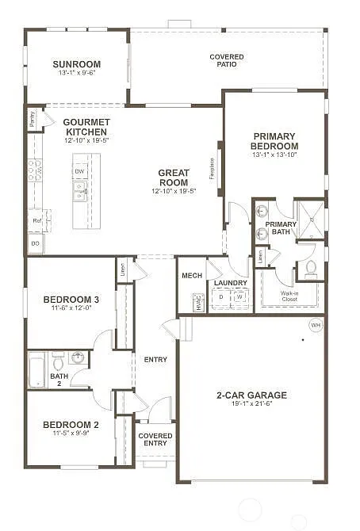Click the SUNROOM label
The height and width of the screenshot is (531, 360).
click(76, 64)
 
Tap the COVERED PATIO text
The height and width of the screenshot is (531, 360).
click(226, 61)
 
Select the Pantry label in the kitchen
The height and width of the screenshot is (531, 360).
click(32, 119)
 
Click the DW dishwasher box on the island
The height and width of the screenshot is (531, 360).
click(80, 170)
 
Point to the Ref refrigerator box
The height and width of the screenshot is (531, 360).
click(36, 220)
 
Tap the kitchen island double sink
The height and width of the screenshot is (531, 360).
click(80, 190)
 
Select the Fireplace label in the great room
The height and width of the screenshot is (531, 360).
click(213, 167)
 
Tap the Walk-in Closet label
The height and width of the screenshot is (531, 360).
click(289, 296)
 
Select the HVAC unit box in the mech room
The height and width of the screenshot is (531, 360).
click(197, 302)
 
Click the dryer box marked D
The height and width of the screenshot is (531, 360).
click(220, 299)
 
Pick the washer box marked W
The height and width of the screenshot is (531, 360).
click(239, 299)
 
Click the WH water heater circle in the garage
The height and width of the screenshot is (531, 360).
click(315, 325)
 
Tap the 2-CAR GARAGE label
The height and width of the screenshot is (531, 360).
click(251, 395)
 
